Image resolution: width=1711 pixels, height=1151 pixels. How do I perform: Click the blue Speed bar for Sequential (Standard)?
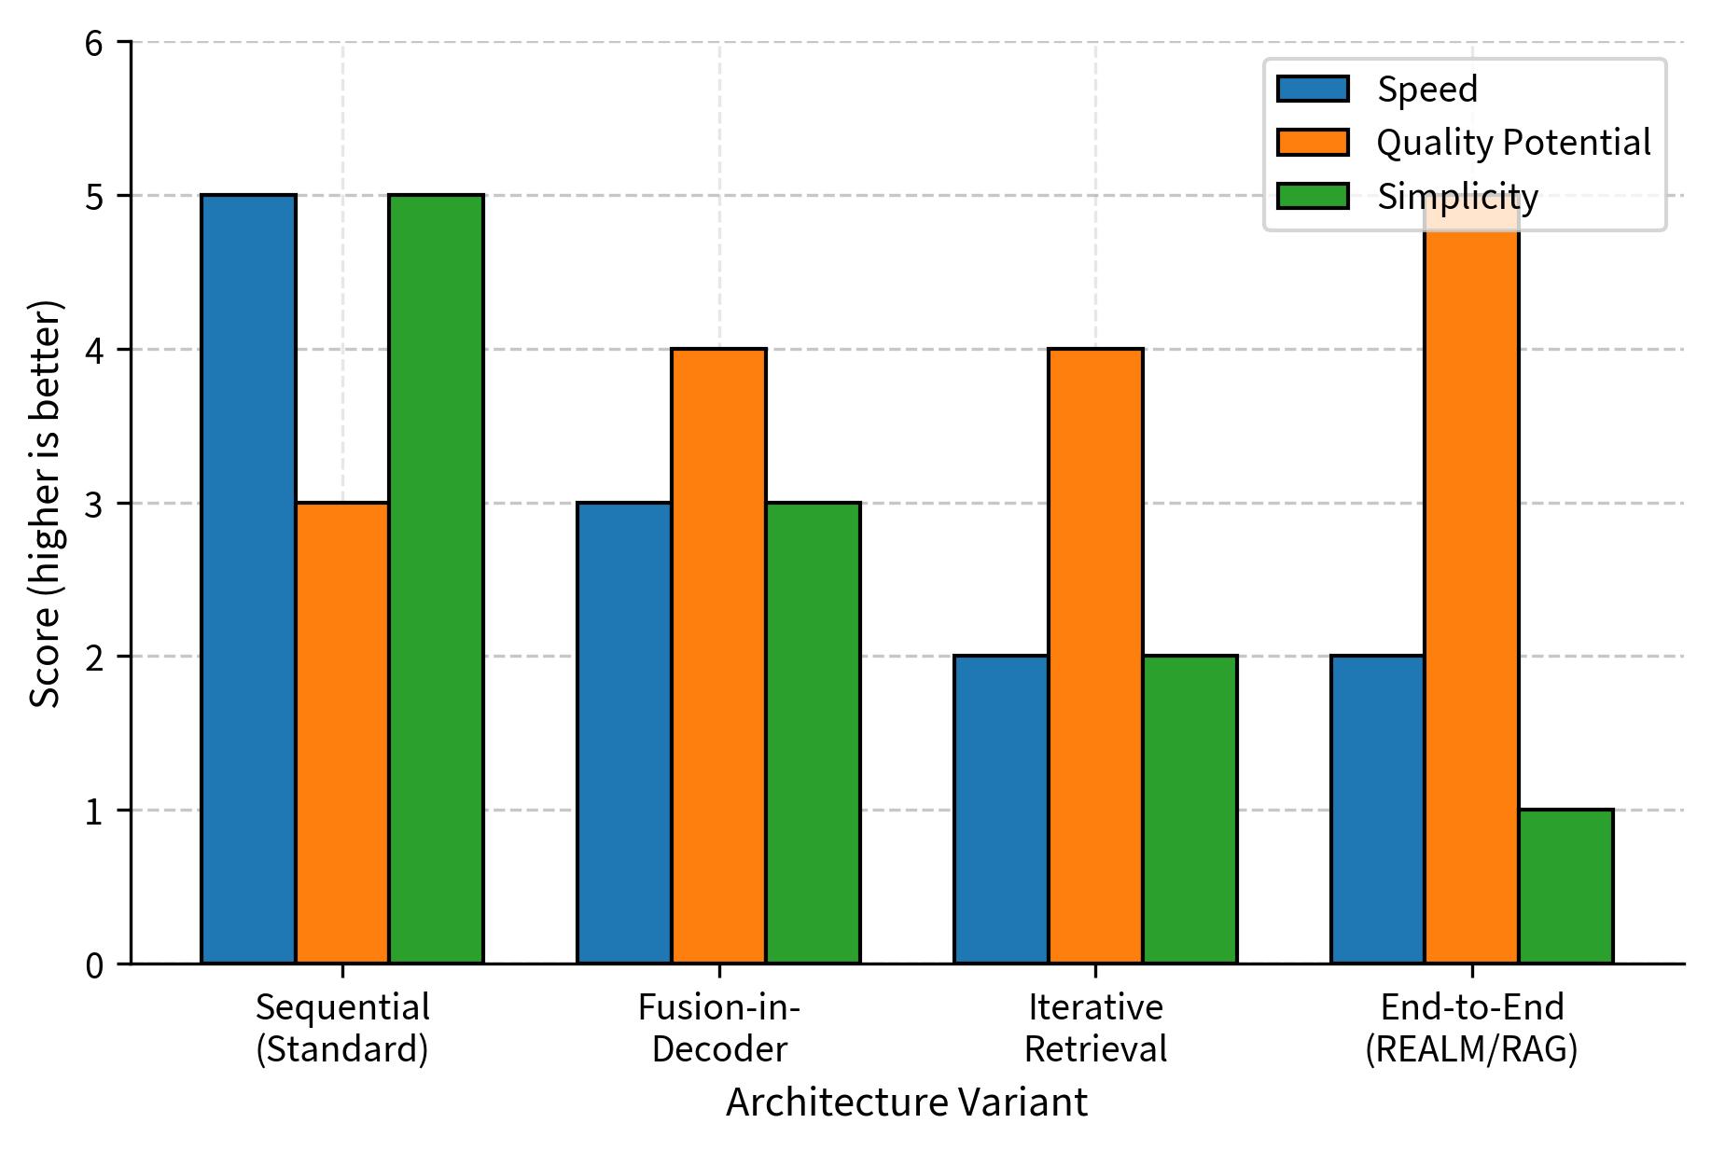[x=248, y=578]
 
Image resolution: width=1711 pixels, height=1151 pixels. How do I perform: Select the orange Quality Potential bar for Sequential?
[x=342, y=732]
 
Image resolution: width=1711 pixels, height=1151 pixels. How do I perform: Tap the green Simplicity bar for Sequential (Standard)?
[x=437, y=578]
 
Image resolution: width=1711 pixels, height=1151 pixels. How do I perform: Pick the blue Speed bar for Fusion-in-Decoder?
[x=624, y=732]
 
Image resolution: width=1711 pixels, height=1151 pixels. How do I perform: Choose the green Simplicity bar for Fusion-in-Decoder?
[x=813, y=732]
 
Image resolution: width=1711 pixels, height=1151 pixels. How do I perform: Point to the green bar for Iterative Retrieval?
[x=1189, y=810]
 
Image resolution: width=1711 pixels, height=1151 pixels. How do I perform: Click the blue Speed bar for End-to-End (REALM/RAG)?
[x=1377, y=810]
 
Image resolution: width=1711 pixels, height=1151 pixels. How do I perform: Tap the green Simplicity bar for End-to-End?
[x=1565, y=886]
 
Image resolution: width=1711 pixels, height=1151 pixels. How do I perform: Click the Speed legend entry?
[x=1426, y=90]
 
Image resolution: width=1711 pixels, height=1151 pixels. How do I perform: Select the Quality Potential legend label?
[x=1513, y=143]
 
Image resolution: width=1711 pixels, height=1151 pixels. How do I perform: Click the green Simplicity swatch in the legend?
[x=1313, y=196]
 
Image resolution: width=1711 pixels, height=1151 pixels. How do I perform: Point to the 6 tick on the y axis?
[x=94, y=43]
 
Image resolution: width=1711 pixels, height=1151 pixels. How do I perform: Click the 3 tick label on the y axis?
[x=94, y=504]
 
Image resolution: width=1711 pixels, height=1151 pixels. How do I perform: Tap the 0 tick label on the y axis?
[x=94, y=965]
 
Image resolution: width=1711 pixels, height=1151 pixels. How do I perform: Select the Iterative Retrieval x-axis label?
[x=1095, y=1028]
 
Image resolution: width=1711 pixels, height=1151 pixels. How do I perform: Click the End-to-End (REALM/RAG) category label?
[x=1471, y=1028]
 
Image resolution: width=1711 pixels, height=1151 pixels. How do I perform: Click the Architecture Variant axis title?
[x=906, y=1102]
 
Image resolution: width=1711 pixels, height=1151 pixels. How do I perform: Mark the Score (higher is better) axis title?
[x=44, y=504]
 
